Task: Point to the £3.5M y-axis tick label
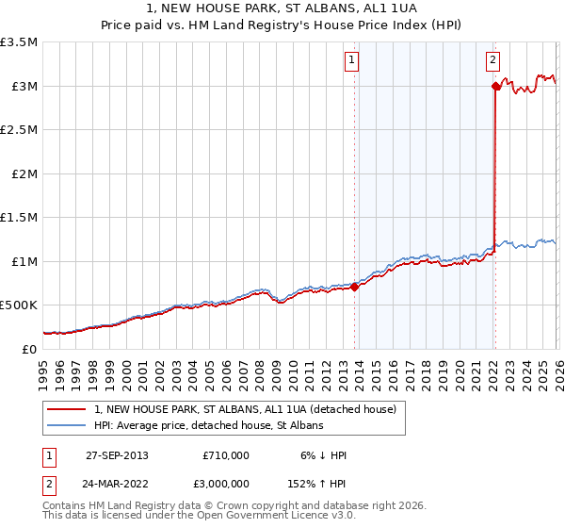(x=19, y=42)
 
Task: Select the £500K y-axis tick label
(x=19, y=305)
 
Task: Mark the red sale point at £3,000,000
(x=495, y=86)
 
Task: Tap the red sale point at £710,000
(x=355, y=287)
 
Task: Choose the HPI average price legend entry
(x=208, y=425)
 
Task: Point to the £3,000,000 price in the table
(x=226, y=484)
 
